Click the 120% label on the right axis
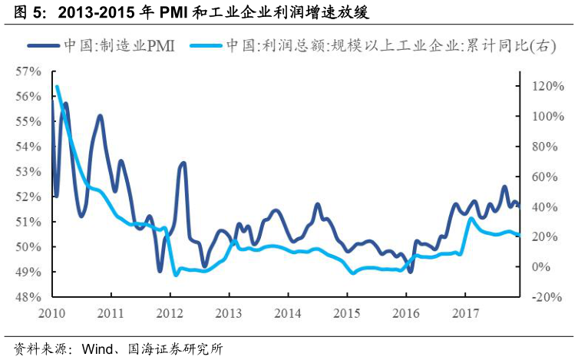tap(538, 86)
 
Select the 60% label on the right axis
tap(538, 177)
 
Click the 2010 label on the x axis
tap(52, 313)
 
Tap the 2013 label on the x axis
tap(229, 313)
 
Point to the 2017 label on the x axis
tap(464, 313)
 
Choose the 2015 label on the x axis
tap(347, 313)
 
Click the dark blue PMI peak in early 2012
tap(183, 163)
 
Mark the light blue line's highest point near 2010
tap(57, 87)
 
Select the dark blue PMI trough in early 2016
tap(411, 271)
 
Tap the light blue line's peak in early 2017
tap(471, 219)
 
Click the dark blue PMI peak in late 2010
tap(100, 116)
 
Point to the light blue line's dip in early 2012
tap(176, 274)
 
